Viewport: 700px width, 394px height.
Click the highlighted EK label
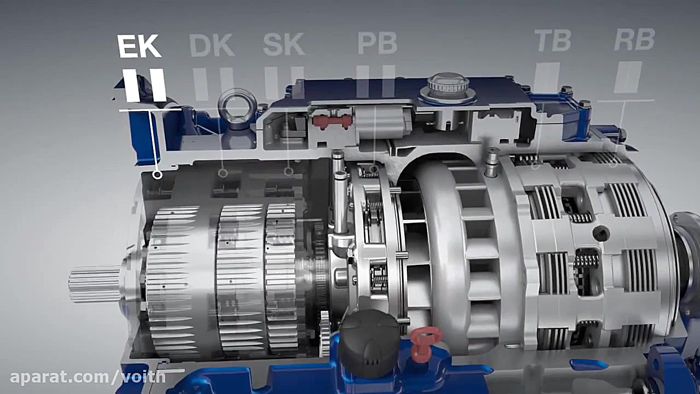tap(139, 47)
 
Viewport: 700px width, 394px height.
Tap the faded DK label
tap(212, 45)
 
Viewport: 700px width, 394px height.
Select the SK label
tap(284, 44)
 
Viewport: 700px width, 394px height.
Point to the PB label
tap(377, 43)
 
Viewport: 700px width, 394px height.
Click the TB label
tap(553, 40)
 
